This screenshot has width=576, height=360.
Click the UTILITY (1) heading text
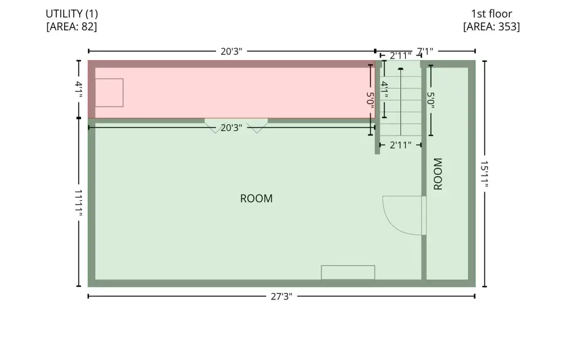pyautogui.click(x=71, y=13)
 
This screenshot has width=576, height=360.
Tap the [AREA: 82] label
pyautogui.click(x=71, y=26)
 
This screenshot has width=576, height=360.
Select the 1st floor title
pyautogui.click(x=492, y=13)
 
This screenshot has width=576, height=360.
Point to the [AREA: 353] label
pyautogui.click(x=492, y=26)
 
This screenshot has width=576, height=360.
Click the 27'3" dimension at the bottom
pyautogui.click(x=281, y=296)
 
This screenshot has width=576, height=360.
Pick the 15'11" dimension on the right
pyautogui.click(x=484, y=174)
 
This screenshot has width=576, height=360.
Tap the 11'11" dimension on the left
pyautogui.click(x=78, y=203)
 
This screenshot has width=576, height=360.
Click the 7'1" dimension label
pyautogui.click(x=425, y=51)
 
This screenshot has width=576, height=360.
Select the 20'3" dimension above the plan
pyautogui.click(x=231, y=51)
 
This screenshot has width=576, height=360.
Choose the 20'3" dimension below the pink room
pyautogui.click(x=231, y=128)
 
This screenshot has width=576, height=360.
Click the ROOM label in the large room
pyautogui.click(x=256, y=199)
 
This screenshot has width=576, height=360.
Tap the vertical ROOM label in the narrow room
pyautogui.click(x=438, y=174)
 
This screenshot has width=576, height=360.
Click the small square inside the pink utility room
pyautogui.click(x=109, y=93)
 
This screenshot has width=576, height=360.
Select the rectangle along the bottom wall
pyautogui.click(x=348, y=273)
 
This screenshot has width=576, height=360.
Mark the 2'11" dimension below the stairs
pyautogui.click(x=400, y=145)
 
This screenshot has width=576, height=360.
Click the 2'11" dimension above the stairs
pyautogui.click(x=400, y=56)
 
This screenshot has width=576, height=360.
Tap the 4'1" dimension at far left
pyautogui.click(x=78, y=89)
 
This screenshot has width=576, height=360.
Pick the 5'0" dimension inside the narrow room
pyautogui.click(x=431, y=100)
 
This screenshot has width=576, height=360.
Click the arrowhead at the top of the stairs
pyautogui.click(x=400, y=69)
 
